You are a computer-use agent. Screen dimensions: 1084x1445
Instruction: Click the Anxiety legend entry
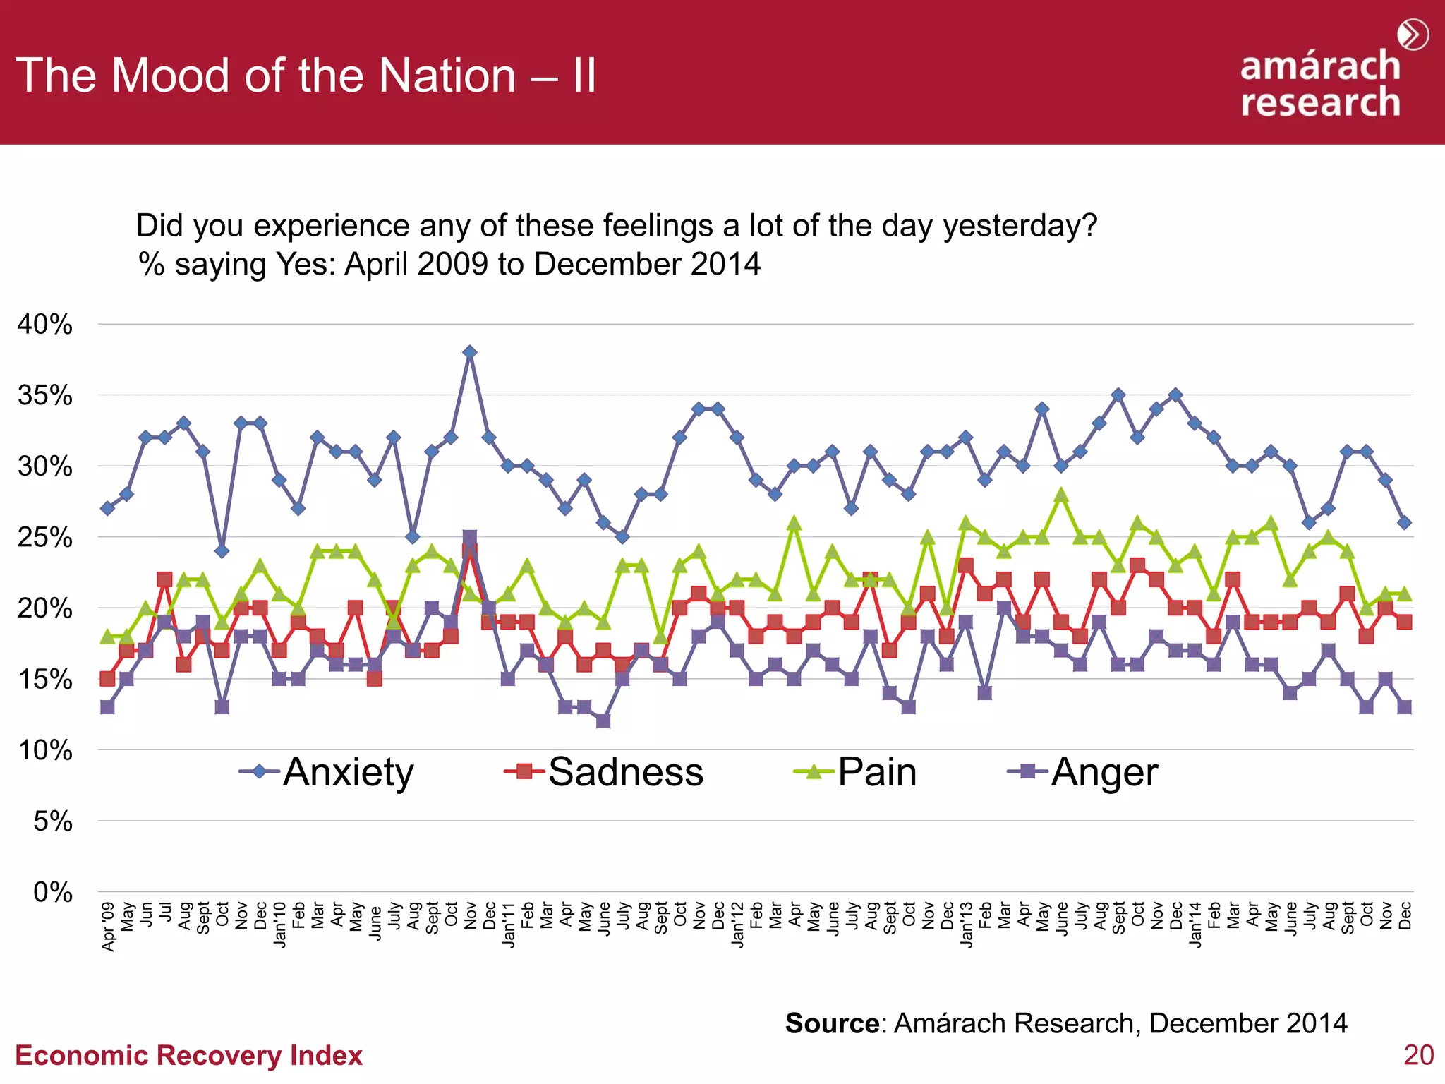(327, 772)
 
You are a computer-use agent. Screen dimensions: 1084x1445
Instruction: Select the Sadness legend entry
(605, 772)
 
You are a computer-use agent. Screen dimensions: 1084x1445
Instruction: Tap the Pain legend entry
(856, 772)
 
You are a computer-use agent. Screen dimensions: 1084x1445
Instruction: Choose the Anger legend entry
(1083, 772)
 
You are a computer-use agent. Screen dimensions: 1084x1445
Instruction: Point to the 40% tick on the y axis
(45, 325)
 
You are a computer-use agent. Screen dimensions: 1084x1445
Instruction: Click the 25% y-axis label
(45, 538)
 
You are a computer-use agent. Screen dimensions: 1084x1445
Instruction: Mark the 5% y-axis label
(53, 821)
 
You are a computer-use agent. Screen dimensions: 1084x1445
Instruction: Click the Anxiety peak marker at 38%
(470, 352)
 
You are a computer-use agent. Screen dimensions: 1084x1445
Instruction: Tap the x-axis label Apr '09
(108, 926)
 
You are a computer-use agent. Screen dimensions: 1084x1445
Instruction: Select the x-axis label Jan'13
(966, 925)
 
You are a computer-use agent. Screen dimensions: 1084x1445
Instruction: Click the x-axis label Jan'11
(508, 925)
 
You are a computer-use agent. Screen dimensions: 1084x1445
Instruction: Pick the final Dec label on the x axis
(1405, 915)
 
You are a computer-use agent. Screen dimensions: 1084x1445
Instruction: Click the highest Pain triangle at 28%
(1061, 495)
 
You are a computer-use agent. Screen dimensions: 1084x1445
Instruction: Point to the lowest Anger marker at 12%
(603, 721)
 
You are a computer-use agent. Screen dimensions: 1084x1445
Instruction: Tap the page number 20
(1418, 1055)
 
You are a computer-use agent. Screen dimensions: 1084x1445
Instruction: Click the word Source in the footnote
(832, 1023)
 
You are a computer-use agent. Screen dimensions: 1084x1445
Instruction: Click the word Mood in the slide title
(170, 76)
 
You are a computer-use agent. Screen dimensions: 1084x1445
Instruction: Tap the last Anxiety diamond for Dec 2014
(1405, 523)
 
